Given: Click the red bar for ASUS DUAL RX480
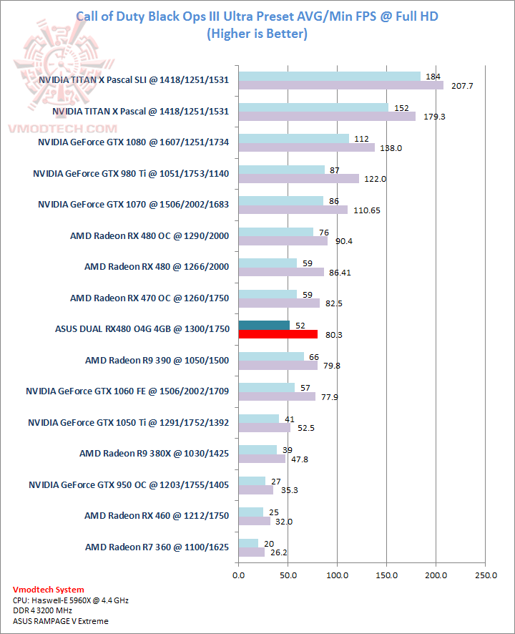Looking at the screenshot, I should (x=278, y=334).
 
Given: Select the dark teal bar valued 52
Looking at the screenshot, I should (x=264, y=325).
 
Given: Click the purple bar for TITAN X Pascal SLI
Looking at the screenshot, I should (x=340, y=86).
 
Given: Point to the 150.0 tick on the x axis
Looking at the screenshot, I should (x=387, y=574).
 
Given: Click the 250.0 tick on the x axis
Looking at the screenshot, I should (x=486, y=574).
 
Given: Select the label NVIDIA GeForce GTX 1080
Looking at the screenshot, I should (x=133, y=142).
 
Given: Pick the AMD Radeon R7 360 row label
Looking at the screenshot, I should (x=157, y=547).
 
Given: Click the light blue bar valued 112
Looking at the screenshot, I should (x=293, y=139).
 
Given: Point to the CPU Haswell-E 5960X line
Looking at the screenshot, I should (x=70, y=600).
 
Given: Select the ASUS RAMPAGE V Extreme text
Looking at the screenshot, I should (x=61, y=621).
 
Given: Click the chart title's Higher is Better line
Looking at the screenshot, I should (x=256, y=34).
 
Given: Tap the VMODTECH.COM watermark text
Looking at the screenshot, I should (x=62, y=129).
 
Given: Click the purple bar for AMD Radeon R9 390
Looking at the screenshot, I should (x=278, y=365).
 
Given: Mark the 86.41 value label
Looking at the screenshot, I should (x=337, y=273).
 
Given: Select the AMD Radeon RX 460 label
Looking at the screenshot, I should (x=157, y=515).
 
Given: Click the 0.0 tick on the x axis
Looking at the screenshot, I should (x=239, y=574).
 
